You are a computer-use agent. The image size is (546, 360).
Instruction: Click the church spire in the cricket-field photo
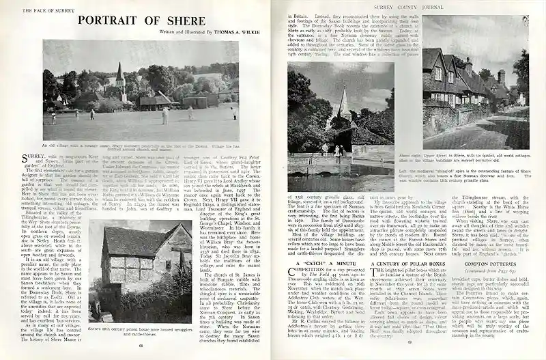[x=119, y=72]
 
